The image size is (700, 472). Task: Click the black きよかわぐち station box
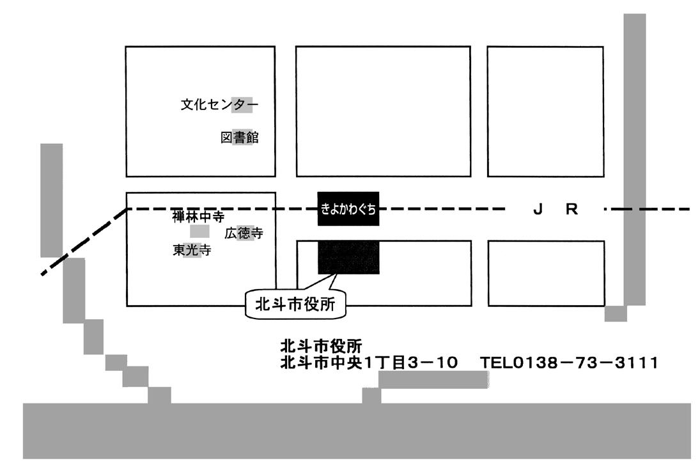pyautogui.click(x=348, y=208)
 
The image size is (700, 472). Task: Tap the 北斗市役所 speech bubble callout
pyautogui.click(x=295, y=304)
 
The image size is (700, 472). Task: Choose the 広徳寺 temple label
pyautogui.click(x=244, y=233)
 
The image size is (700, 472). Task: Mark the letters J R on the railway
pyautogui.click(x=556, y=209)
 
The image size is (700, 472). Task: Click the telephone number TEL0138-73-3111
pyautogui.click(x=570, y=363)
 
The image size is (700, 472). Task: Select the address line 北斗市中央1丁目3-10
pyautogui.click(x=369, y=363)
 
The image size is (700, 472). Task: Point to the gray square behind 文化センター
pyautogui.click(x=242, y=105)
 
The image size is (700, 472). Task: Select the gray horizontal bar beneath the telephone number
pyautogui.click(x=433, y=379)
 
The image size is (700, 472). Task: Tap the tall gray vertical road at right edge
pyautogui.click(x=634, y=160)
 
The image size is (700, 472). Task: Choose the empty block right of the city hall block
pyautogui.click(x=546, y=273)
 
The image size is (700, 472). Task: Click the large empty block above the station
pyautogui.click(x=382, y=111)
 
